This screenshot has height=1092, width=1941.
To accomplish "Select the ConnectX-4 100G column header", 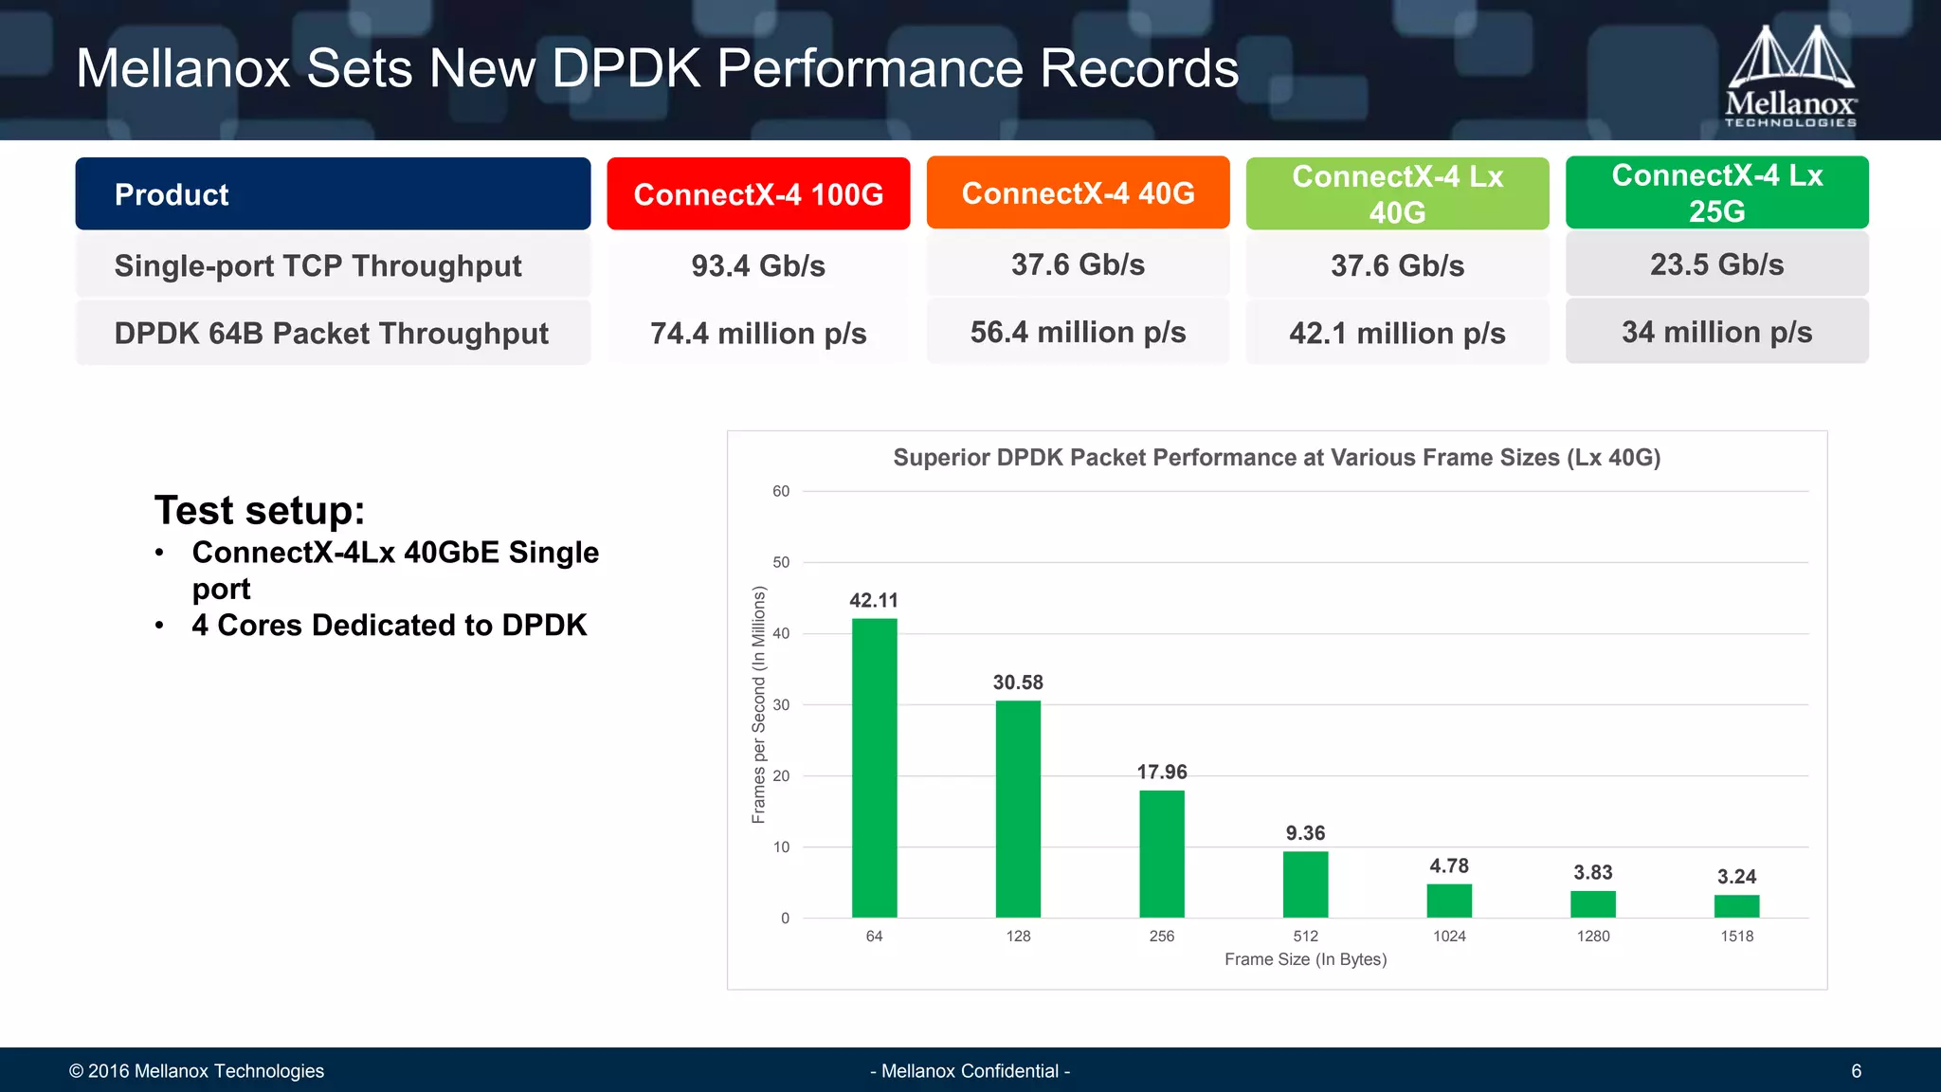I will coord(758,194).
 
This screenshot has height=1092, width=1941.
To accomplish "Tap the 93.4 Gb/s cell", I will coord(758,266).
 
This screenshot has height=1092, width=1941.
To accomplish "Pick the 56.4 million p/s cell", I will coord(1078,333).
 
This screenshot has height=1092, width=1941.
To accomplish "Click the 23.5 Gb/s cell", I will coord(1716,265).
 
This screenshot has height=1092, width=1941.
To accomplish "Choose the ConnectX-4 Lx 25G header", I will coord(1716,193).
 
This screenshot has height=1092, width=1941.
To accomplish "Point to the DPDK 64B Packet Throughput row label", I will coord(332,334).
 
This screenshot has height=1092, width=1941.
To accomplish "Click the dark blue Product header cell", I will coord(333,194).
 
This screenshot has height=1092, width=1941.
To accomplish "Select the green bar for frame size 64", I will coord(874,768).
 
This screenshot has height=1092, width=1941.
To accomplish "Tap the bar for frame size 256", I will coord(1161,853).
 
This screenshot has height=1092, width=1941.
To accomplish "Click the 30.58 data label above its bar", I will coord(1018,682).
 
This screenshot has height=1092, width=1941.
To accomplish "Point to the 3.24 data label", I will coord(1736,877).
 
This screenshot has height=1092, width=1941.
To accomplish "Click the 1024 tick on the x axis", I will coord(1449,937).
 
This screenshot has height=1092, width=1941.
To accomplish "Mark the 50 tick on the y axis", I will coord(781,562).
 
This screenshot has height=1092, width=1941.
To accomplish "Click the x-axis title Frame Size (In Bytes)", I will coord(1305,959).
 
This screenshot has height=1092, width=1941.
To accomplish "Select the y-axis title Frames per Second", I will coord(758,704).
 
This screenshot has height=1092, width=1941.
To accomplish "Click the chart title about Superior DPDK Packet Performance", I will coord(1277,458).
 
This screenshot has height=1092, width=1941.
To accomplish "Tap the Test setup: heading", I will coord(260,511).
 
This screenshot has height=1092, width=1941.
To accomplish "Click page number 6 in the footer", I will coord(1856,1071).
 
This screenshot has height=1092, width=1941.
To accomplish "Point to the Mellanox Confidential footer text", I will coord(970,1071).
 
